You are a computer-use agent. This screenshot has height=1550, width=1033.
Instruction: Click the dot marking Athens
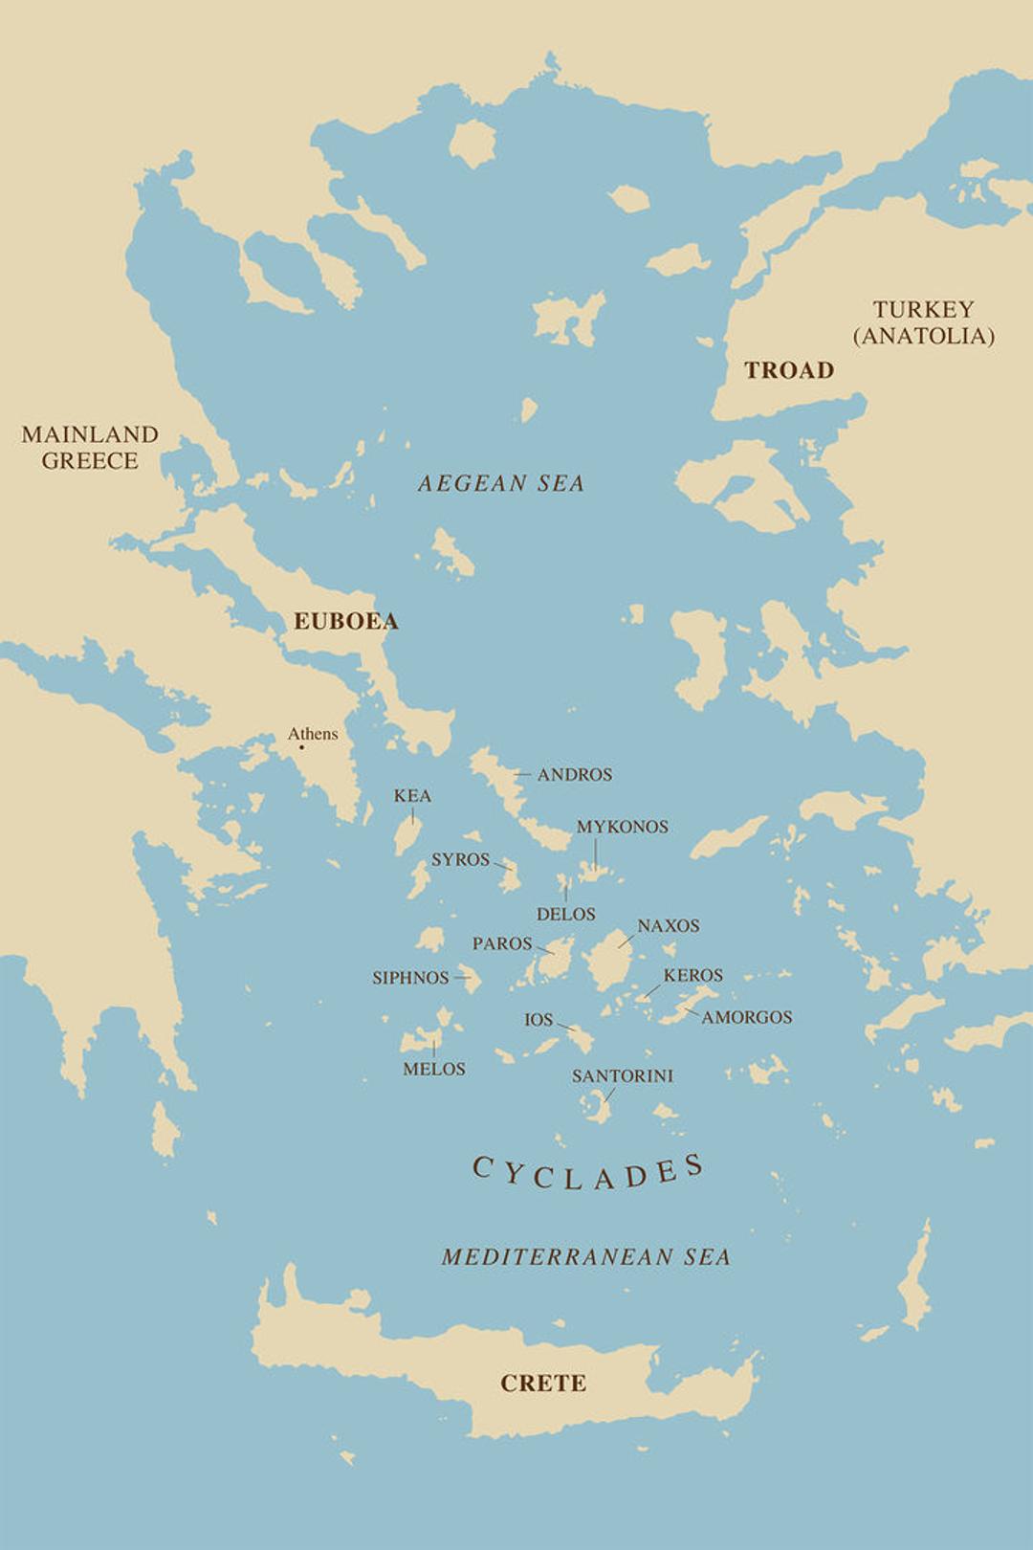point(302,746)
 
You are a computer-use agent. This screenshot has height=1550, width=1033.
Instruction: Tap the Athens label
point(313,734)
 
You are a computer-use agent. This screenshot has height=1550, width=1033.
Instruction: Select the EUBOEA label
point(345,621)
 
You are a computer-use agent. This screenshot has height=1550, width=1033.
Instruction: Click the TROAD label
point(789,370)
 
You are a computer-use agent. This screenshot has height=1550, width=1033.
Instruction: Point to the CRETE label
point(543,1383)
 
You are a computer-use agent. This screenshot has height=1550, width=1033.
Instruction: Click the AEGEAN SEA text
point(500,483)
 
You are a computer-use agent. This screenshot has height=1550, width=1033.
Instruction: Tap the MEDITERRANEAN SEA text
point(585,1256)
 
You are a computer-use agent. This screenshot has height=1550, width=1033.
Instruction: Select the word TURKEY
point(923,309)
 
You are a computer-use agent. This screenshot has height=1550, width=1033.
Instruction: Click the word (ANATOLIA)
point(923,336)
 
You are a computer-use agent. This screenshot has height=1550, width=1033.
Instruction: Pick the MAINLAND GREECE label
point(90,447)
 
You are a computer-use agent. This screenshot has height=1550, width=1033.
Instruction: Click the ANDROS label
point(574,774)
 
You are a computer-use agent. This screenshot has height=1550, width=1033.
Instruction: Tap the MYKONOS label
point(622,827)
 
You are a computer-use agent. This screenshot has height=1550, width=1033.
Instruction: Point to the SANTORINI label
point(622,1075)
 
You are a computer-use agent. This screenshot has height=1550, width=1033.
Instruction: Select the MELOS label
point(433,1069)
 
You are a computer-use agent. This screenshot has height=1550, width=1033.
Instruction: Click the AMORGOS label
point(746,1017)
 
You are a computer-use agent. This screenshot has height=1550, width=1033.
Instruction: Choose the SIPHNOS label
point(410,978)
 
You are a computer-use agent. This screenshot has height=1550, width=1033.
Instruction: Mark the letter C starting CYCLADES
point(483,1167)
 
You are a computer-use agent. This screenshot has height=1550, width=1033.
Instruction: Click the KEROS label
point(692,975)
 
